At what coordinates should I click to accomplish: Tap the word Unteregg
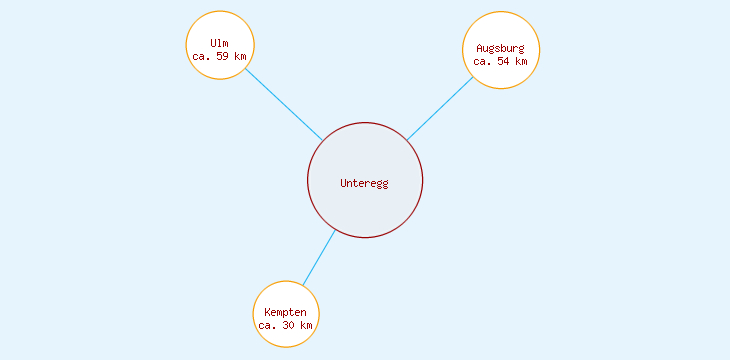coord(364,183)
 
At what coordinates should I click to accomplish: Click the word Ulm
coord(220,42)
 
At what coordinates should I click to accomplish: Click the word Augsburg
coord(500,48)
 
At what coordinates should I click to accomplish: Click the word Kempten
coord(286,313)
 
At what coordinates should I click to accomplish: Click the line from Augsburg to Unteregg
coord(439,109)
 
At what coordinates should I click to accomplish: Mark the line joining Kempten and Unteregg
coord(319,258)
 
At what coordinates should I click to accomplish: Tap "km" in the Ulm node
coord(240,56)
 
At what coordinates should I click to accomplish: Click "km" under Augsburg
coord(521,61)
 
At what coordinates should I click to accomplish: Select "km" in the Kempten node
coord(306,326)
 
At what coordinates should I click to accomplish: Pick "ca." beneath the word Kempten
coord(267,326)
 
